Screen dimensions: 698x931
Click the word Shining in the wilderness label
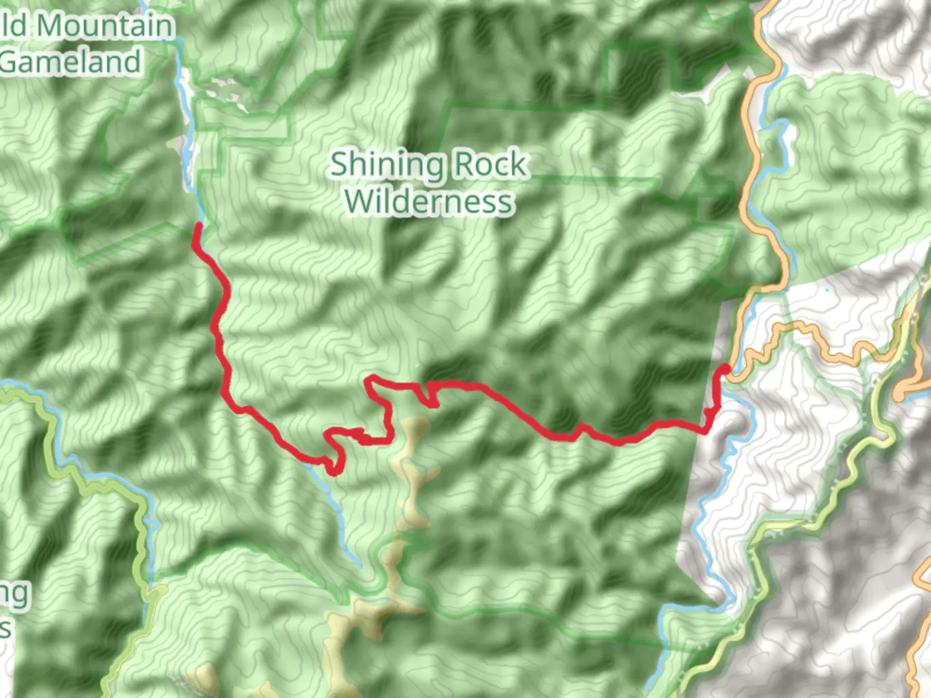click(387, 165)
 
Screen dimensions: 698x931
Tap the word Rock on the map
click(489, 165)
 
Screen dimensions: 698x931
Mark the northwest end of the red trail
click(198, 226)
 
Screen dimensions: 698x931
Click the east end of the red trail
click(725, 369)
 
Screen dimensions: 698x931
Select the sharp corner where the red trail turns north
click(707, 429)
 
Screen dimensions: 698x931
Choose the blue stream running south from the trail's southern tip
click(336, 511)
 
